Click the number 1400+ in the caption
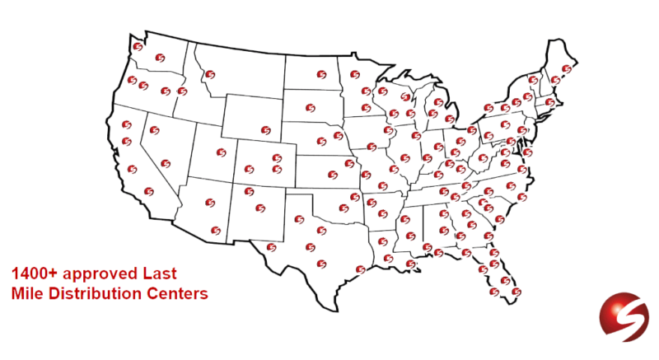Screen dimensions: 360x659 pos(32,271)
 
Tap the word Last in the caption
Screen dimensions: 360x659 pos(161,271)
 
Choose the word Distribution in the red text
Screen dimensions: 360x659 pos(87,292)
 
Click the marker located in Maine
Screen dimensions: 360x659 pos(566,68)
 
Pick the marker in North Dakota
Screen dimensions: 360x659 pos(315,73)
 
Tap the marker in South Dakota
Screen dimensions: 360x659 pos(310,107)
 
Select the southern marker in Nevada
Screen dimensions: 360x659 pos(166,162)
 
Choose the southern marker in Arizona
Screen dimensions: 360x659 pos(216,230)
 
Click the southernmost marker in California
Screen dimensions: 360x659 pos(149,191)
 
